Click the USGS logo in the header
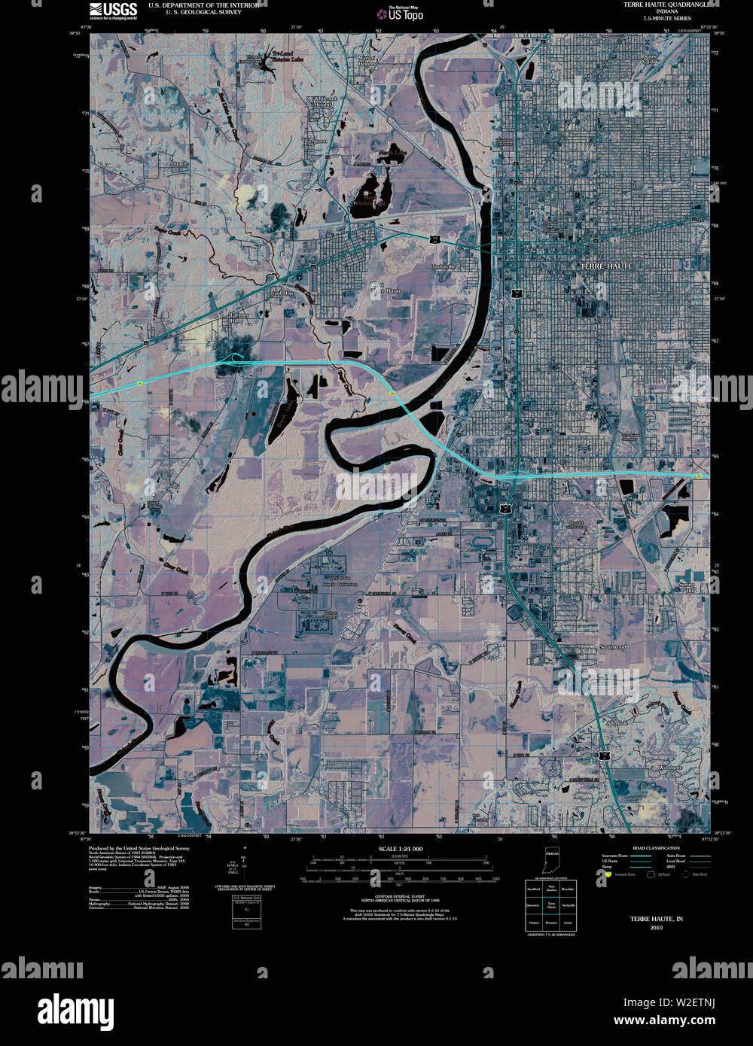(x=113, y=10)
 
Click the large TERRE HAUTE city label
(x=606, y=266)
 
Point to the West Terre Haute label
(x=386, y=287)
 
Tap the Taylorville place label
(x=444, y=266)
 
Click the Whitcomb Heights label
(x=326, y=102)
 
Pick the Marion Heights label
(x=366, y=61)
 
